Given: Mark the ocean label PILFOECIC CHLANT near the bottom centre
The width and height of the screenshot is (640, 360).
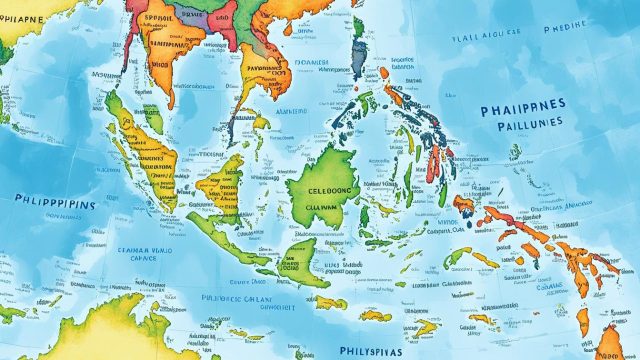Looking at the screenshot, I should (x=236, y=296).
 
